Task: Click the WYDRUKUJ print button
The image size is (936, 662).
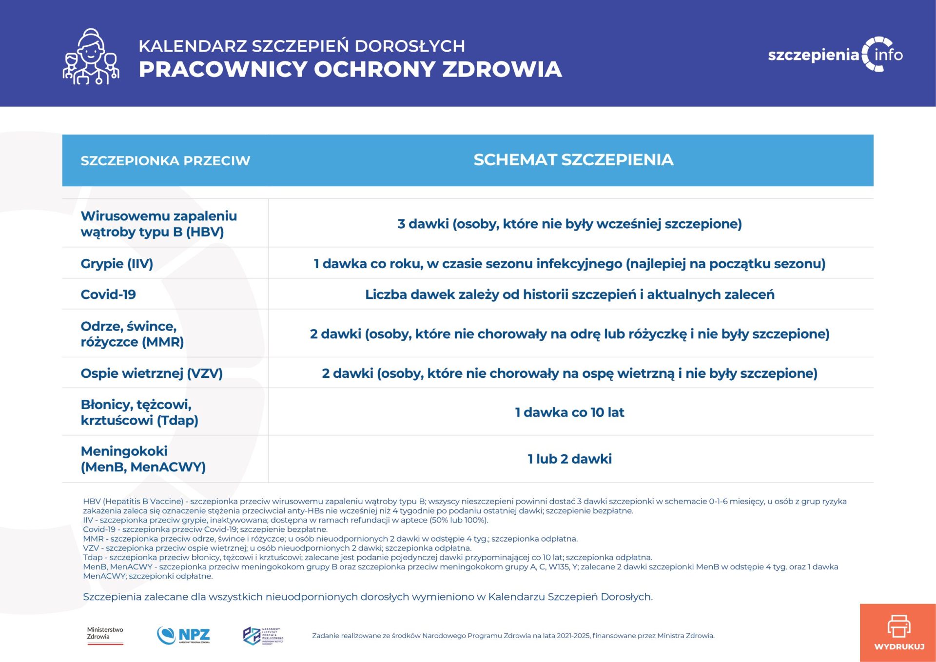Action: pos(898,632)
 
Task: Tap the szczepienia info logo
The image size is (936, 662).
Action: pos(835,55)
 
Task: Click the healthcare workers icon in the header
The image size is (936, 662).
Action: pos(91,57)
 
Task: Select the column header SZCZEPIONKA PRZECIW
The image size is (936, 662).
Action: pos(165,161)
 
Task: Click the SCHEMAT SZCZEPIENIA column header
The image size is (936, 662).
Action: pos(573,160)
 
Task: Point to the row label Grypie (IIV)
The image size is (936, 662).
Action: pos(117,264)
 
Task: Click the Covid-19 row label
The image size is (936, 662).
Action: pos(108,294)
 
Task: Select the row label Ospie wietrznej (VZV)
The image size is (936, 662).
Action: pos(152,373)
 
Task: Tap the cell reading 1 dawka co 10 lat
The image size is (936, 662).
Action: pos(569,412)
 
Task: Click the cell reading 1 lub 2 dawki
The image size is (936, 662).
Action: pos(569,459)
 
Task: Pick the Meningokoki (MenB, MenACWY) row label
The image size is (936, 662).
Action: pos(143,459)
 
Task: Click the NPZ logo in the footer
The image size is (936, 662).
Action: pos(184,635)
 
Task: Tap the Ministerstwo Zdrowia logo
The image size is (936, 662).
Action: pos(105,635)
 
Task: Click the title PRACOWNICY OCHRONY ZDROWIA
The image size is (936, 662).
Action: pos(350,69)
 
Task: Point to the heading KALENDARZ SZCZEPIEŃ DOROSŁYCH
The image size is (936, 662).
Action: pos(302,46)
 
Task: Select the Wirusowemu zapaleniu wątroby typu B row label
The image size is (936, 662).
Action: pos(158,224)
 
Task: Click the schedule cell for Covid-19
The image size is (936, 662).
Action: pos(569,294)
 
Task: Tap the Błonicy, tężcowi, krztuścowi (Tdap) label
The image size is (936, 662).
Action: pos(139,412)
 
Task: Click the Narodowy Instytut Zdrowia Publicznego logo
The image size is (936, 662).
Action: pos(263,636)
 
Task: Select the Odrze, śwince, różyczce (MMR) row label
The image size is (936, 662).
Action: pos(132,334)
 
